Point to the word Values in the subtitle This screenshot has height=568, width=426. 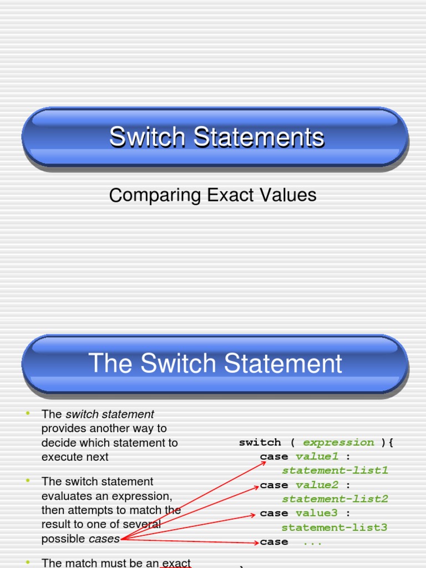[289, 195]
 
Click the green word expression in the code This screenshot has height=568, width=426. [338, 442]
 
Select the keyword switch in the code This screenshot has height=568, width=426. [260, 442]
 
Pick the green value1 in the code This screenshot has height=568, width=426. [317, 457]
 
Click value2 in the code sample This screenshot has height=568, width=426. [317, 485]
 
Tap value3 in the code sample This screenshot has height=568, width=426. [317, 513]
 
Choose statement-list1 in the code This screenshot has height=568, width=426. [335, 471]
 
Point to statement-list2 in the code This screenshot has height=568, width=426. [335, 499]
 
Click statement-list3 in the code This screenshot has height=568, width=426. [335, 528]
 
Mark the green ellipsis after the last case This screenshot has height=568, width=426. [312, 542]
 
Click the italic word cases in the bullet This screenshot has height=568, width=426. [104, 539]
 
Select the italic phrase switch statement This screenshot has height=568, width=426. [110, 414]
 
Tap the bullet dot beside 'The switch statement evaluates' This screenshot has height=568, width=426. [26, 480]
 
